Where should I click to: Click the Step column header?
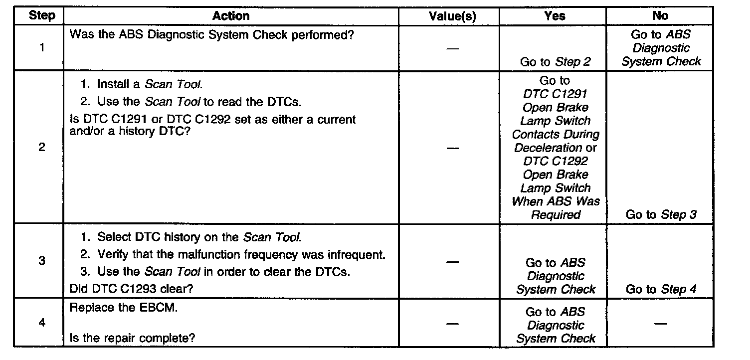[42, 15]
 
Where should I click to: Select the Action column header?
[230, 15]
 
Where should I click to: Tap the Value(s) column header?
[452, 16]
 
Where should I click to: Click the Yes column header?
[555, 16]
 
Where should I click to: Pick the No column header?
[660, 16]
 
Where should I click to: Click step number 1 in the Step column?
[42, 48]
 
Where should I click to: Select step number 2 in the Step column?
[42, 148]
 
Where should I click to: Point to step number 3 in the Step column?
[42, 261]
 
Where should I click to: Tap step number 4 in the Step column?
[42, 323]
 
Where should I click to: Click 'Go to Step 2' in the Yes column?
[555, 62]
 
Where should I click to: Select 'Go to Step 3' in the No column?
[661, 215]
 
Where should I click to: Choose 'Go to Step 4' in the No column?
[661, 289]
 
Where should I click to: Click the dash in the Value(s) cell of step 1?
[452, 49]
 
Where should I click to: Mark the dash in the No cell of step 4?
[660, 324]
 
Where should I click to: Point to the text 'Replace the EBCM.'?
[124, 308]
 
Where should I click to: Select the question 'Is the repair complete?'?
[132, 338]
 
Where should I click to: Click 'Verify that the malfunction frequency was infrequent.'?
[241, 255]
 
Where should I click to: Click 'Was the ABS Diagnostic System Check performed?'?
[212, 35]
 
